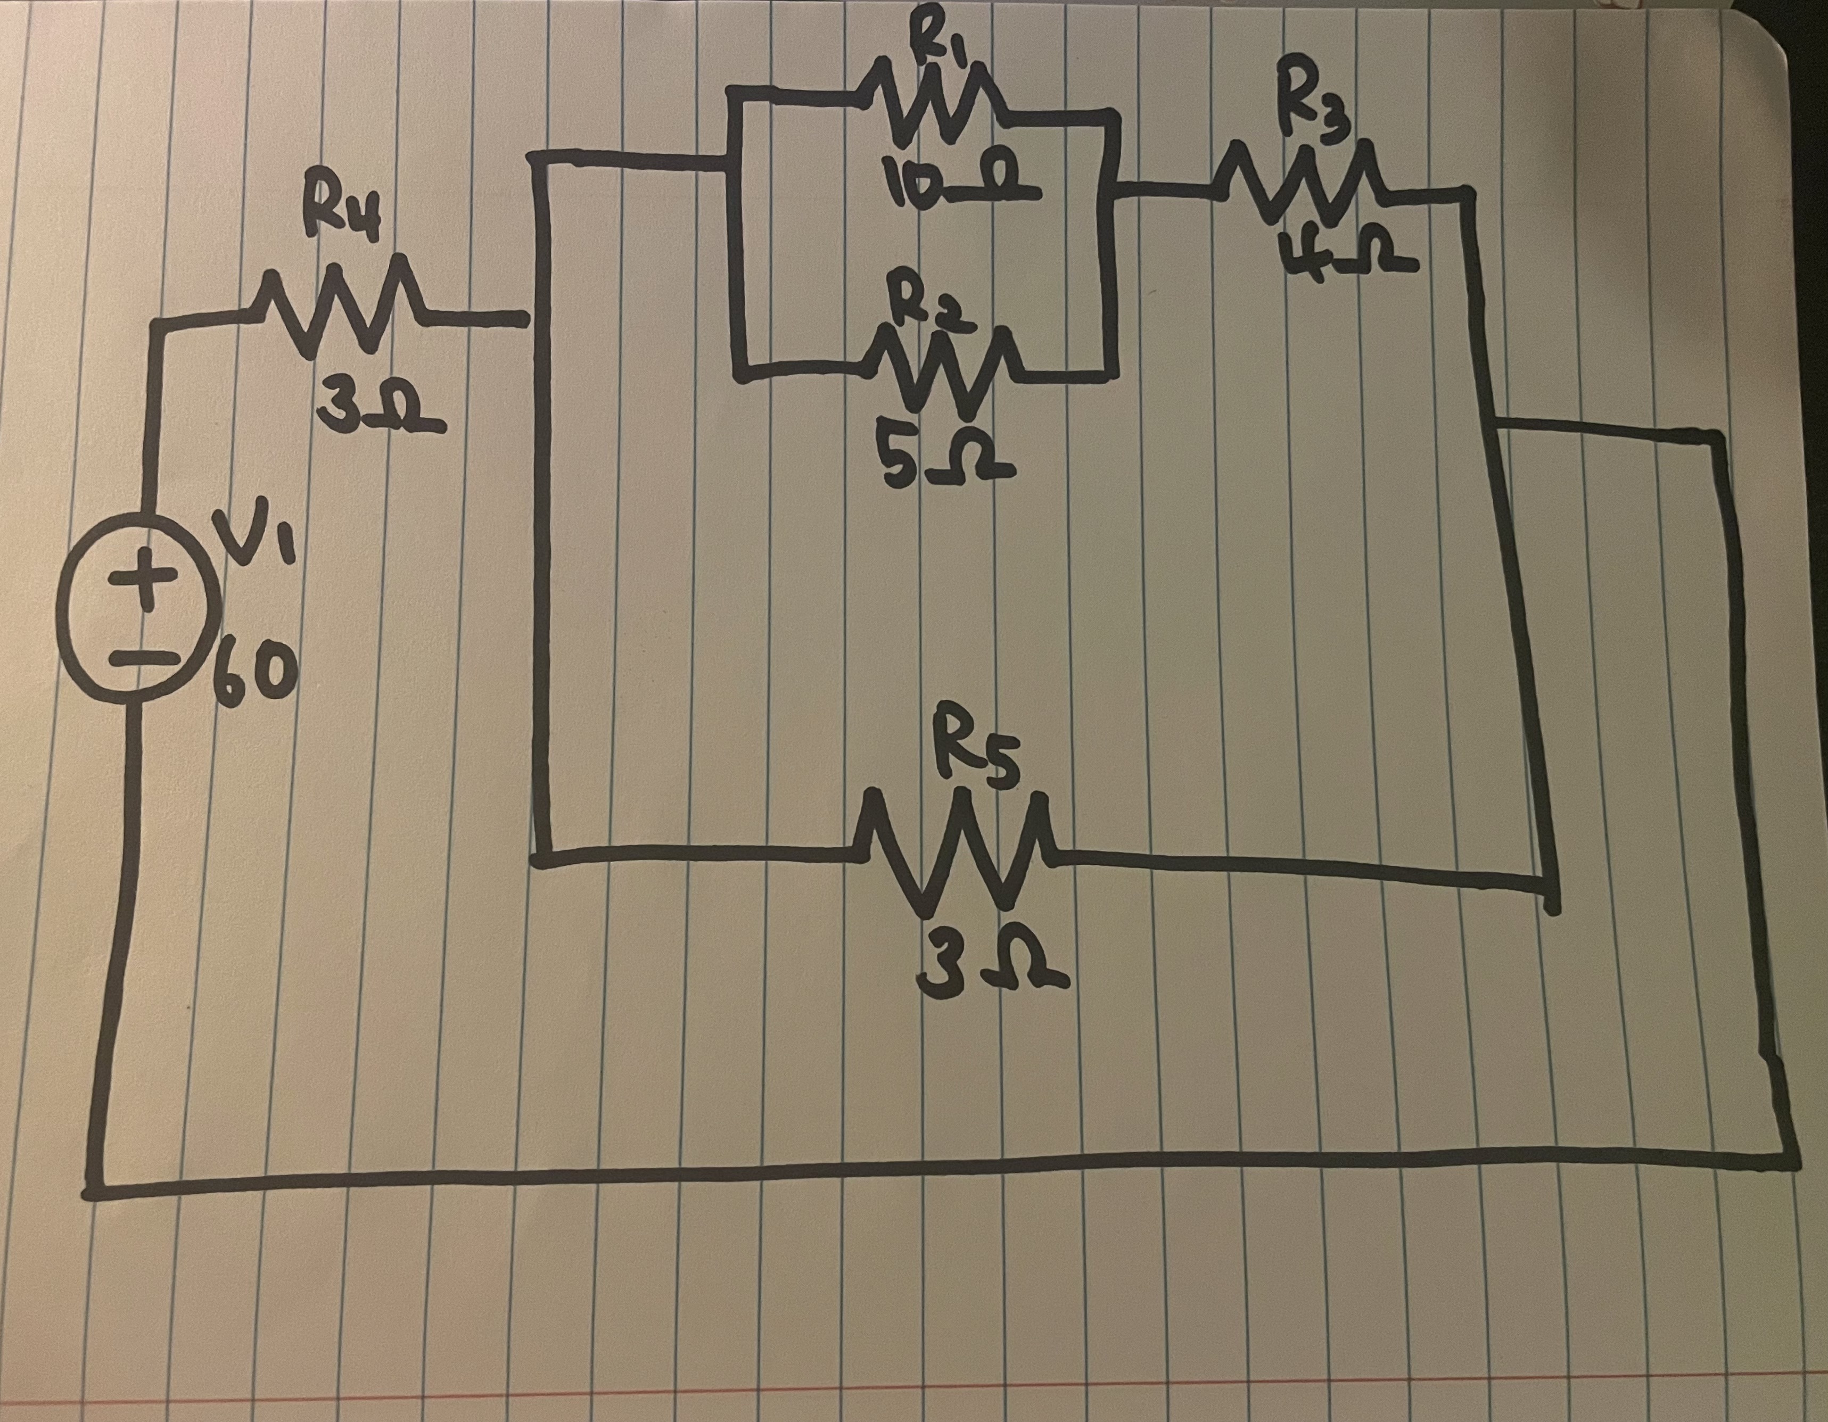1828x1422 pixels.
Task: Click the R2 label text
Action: tap(930, 307)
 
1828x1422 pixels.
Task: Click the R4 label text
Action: tap(349, 218)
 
